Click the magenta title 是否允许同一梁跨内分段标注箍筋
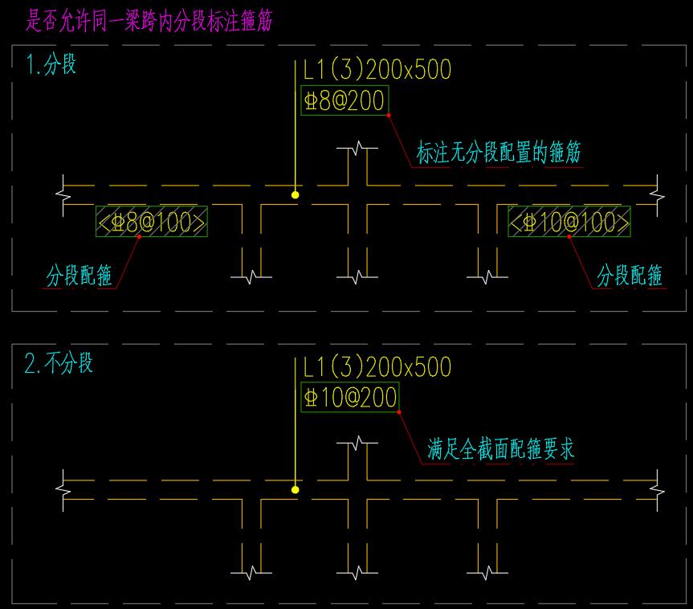[149, 20]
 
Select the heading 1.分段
[51, 64]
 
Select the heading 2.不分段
[59, 363]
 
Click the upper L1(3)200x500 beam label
[377, 71]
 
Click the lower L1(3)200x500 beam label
[377, 368]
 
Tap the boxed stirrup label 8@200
[344, 100]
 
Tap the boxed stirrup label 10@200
[350, 397]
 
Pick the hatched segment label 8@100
[152, 221]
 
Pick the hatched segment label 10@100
[569, 221]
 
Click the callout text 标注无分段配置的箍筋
[498, 152]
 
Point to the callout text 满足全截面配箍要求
[501, 449]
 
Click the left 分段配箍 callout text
[79, 276]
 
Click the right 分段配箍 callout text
[630, 276]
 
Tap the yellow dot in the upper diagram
[296, 194]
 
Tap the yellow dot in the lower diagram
[296, 489]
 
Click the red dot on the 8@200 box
[389, 116]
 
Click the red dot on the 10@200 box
[399, 412]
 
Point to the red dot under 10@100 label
[569, 237]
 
